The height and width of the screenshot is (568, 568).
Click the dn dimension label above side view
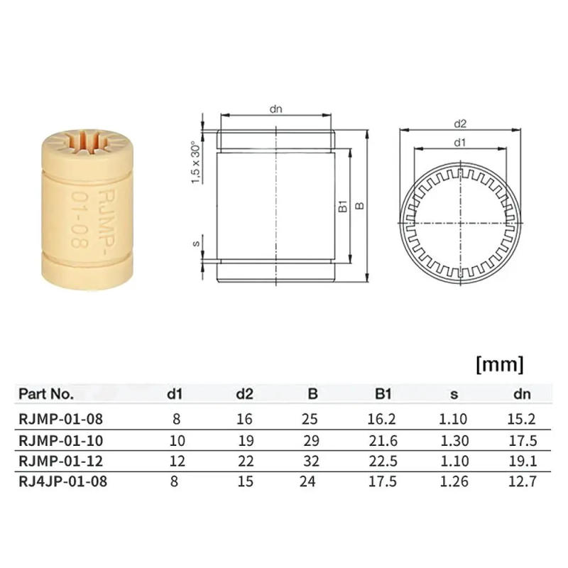pyautogui.click(x=276, y=109)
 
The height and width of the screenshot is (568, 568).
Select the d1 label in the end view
pyautogui.click(x=459, y=142)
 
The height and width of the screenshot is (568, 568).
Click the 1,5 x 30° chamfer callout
pyautogui.click(x=195, y=162)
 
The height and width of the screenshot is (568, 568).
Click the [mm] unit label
pyautogui.click(x=498, y=365)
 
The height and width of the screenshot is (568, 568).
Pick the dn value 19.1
pyautogui.click(x=522, y=461)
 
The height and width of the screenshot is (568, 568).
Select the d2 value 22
pyautogui.click(x=244, y=461)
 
